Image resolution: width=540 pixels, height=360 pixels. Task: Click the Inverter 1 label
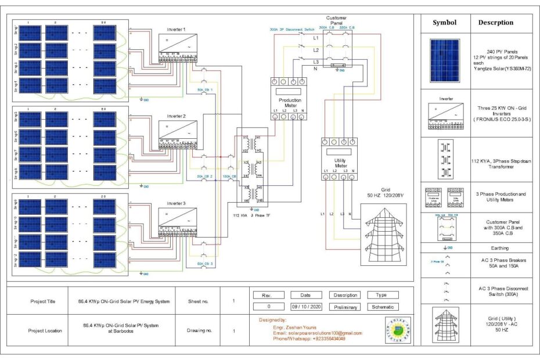(x=177, y=30)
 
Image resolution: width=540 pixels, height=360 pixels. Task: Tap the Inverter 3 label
(x=177, y=203)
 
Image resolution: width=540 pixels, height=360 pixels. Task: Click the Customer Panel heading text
(x=337, y=20)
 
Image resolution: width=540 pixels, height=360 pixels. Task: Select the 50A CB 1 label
(x=204, y=90)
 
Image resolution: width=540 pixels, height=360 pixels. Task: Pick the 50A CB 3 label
(x=204, y=264)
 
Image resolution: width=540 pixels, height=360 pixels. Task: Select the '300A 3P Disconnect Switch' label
(x=293, y=29)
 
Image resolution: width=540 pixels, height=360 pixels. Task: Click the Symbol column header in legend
(x=444, y=23)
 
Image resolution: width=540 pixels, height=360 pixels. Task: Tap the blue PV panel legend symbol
(x=444, y=59)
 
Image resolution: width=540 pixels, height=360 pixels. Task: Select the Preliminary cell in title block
(x=346, y=307)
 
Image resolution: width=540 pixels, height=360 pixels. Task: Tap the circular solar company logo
(x=398, y=330)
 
